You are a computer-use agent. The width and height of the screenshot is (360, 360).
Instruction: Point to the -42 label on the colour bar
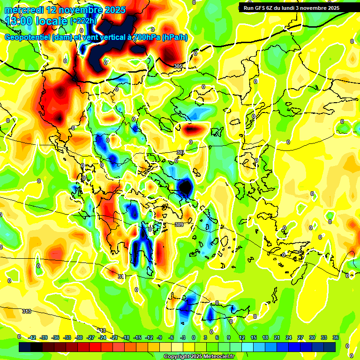point(32,337)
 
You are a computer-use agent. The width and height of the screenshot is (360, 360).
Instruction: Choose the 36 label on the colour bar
point(336,337)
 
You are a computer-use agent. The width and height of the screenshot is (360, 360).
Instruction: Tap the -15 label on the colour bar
point(138,337)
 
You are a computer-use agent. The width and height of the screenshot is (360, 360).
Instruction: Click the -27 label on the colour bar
point(91,337)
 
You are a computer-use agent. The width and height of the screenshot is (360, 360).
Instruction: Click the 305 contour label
point(178,67)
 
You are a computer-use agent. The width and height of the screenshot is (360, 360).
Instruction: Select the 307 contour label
point(180,153)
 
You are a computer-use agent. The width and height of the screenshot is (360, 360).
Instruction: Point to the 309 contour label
point(179,225)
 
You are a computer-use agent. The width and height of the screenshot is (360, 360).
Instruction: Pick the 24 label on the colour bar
point(289,337)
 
